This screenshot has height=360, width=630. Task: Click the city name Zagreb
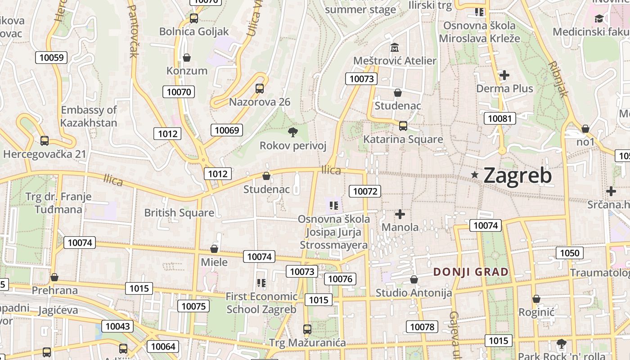point(517,175)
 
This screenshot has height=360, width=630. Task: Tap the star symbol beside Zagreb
point(474,175)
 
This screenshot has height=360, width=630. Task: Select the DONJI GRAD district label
point(471,272)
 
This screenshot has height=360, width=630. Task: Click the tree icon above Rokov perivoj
point(292,132)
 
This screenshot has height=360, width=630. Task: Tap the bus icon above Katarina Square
point(403,126)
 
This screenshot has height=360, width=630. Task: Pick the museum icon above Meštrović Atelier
point(395,47)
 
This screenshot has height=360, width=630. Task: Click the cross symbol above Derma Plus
point(504,75)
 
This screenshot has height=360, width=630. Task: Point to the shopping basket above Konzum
point(187,58)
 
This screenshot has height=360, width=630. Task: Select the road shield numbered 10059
point(51,57)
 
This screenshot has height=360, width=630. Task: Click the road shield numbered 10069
point(227,130)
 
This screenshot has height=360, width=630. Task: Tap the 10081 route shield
point(499,118)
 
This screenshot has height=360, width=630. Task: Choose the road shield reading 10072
point(365,191)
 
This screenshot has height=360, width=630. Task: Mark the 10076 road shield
point(340,279)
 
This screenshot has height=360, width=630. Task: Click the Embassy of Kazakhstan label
point(89,116)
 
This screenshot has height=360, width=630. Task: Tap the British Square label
point(179,213)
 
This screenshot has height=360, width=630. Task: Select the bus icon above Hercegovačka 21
point(44,141)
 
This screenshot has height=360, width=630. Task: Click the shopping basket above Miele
point(214,249)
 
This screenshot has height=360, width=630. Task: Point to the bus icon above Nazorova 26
point(260,89)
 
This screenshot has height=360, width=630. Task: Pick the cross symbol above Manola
point(400,214)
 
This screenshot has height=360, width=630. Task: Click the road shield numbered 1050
point(569,253)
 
